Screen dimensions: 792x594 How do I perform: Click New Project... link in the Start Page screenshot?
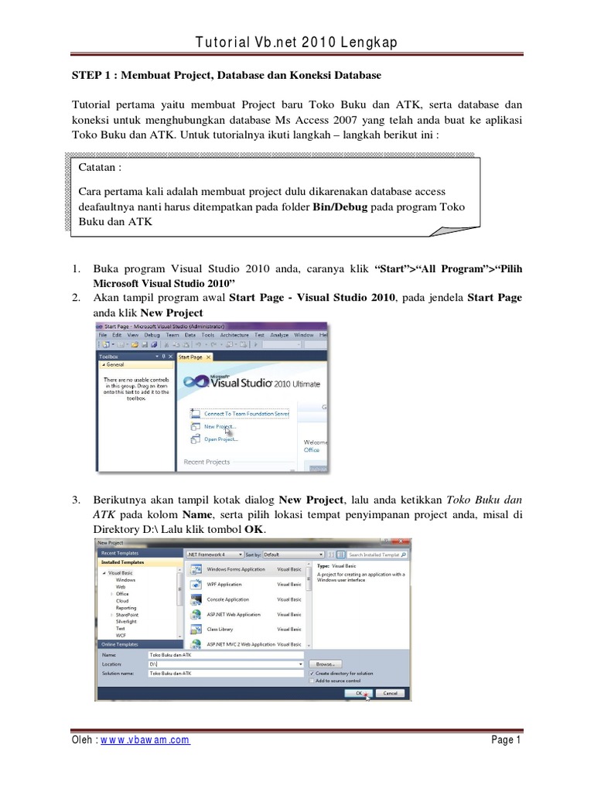(220, 426)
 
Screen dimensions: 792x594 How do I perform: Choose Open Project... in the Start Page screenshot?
(220, 439)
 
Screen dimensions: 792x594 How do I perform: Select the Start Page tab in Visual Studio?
(190, 357)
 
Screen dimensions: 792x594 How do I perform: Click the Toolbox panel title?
(111, 357)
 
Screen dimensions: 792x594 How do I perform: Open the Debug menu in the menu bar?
(151, 335)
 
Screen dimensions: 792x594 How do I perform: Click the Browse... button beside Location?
(325, 664)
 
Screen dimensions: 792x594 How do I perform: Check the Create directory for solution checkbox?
(312, 673)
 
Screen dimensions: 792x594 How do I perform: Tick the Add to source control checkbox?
(312, 681)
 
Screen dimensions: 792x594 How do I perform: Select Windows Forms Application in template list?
(236, 569)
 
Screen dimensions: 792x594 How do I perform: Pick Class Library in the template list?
(220, 629)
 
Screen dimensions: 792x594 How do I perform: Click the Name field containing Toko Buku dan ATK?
(224, 654)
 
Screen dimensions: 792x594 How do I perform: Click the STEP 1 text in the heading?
(89, 75)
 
